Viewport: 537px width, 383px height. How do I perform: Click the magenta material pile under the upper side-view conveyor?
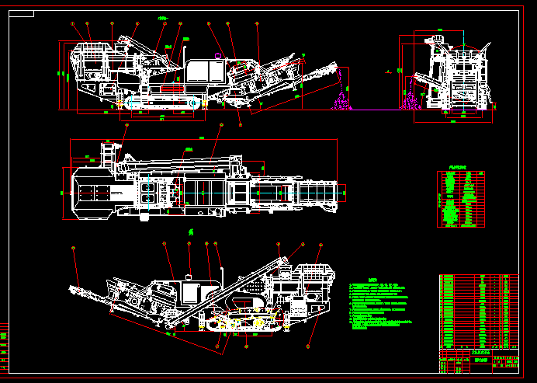(x=339, y=102)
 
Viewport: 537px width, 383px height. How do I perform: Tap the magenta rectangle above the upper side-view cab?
(x=218, y=55)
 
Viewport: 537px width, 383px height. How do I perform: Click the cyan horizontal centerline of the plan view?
(x=202, y=190)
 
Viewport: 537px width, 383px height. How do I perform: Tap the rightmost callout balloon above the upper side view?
(x=258, y=24)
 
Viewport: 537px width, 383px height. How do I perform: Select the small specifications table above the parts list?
(x=461, y=199)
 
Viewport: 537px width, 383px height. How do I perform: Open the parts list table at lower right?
(x=478, y=312)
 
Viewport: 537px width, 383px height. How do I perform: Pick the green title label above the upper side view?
(x=162, y=17)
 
